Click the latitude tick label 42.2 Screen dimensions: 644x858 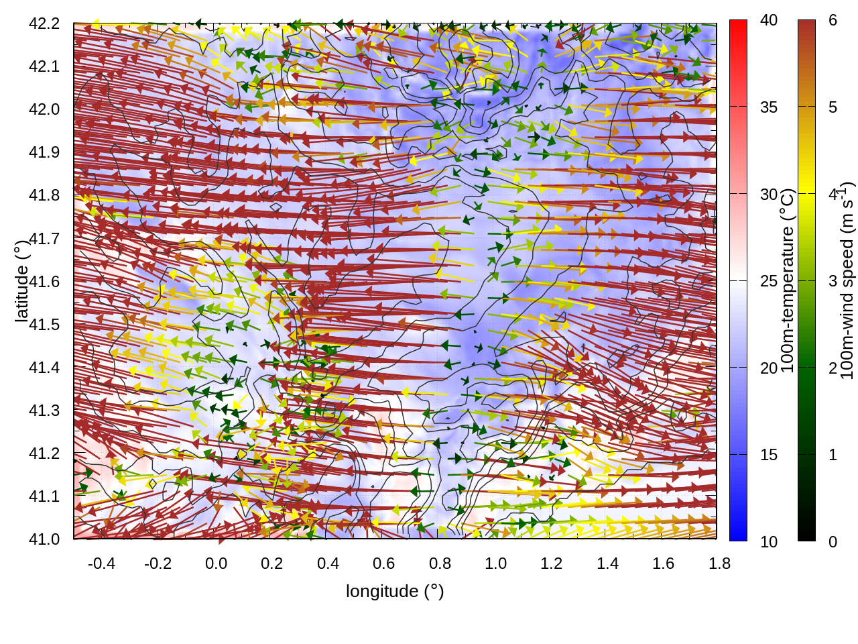[44, 23]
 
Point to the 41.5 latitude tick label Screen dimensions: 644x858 [44, 325]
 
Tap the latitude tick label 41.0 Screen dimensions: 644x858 [44, 539]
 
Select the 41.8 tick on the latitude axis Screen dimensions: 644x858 [44, 195]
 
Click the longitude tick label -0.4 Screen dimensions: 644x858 [101, 563]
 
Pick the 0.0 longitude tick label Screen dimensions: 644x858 [216, 563]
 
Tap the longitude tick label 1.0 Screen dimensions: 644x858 [495, 563]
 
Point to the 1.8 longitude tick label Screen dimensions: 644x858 [719, 563]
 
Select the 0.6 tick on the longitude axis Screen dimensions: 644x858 [383, 563]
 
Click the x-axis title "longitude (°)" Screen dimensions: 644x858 [395, 591]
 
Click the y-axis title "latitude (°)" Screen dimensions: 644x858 [21, 281]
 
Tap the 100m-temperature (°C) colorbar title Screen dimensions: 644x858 [788, 281]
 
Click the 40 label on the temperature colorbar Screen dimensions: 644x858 [769, 21]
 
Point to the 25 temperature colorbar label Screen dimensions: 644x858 [769, 281]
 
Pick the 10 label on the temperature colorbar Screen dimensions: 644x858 [769, 541]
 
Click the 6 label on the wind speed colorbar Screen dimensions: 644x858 [833, 21]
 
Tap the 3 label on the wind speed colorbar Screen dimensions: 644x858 [833, 281]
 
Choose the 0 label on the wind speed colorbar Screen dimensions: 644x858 [833, 541]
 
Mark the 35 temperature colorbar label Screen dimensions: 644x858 [769, 107]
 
